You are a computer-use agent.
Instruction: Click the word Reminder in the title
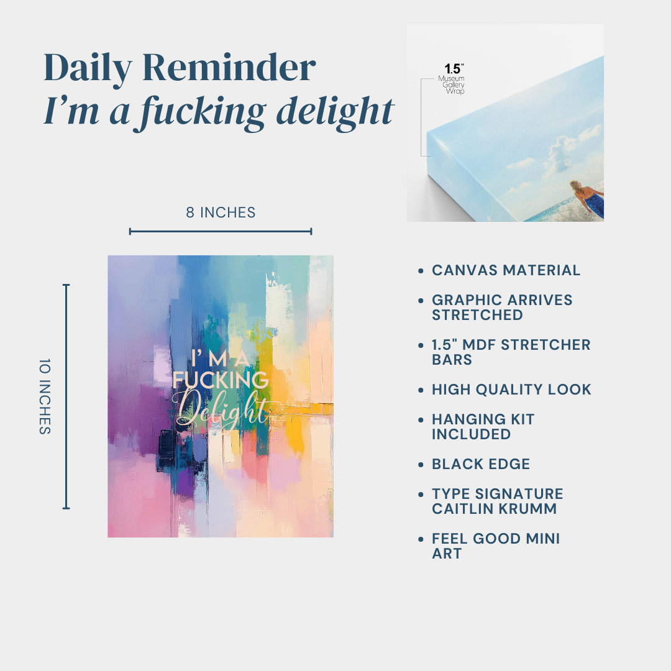click(229, 67)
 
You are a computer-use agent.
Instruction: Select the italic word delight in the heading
click(335, 112)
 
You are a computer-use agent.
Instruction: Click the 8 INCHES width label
click(221, 212)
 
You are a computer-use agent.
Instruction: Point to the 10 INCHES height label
click(45, 396)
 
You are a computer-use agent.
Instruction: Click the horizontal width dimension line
click(221, 232)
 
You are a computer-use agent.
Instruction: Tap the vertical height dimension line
click(66, 396)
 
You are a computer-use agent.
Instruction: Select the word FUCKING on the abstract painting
click(221, 380)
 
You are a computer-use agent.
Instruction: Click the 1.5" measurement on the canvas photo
click(454, 68)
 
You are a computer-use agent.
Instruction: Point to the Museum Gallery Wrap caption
click(452, 84)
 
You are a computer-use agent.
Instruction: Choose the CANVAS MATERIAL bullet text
click(506, 270)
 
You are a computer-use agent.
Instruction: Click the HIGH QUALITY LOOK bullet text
click(511, 390)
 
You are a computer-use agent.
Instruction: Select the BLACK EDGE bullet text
click(480, 464)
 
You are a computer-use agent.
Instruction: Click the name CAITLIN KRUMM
click(495, 509)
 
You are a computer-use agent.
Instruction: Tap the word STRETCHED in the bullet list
click(477, 315)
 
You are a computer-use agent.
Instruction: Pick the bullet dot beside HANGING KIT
click(421, 420)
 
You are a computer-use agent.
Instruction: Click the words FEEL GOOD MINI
click(496, 539)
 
